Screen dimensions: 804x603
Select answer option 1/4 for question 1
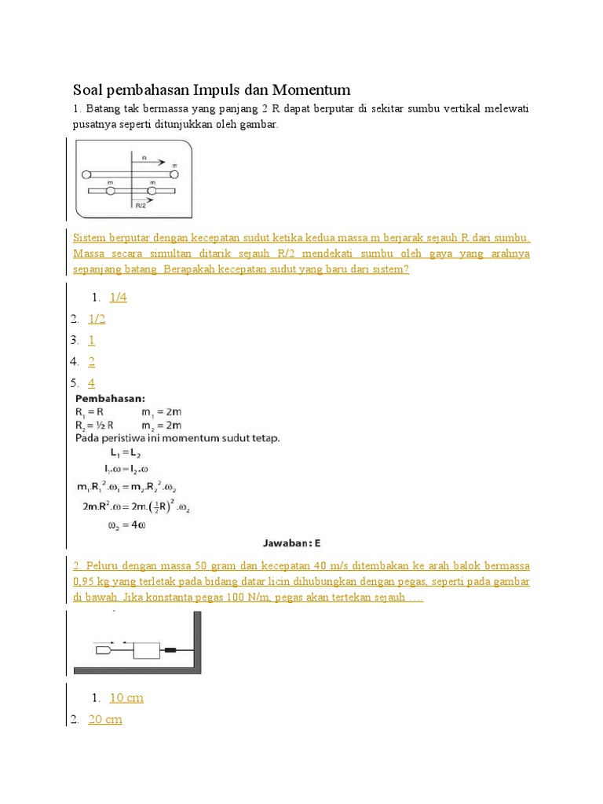(118, 298)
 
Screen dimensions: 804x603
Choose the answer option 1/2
(97, 319)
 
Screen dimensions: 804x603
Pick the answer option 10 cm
(126, 698)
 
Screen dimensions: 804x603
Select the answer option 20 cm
(105, 719)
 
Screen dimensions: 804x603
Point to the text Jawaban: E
(291, 543)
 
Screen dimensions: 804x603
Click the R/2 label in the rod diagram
(141, 206)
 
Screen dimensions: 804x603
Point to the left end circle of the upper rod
(86, 174)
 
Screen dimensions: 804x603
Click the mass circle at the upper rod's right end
(174, 174)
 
